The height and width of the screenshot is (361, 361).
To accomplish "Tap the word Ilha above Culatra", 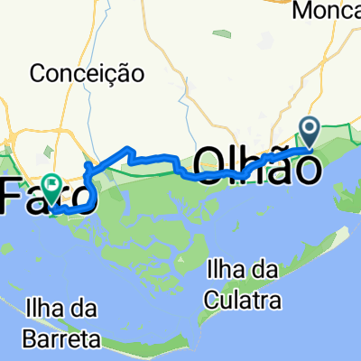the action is click(x=224, y=268).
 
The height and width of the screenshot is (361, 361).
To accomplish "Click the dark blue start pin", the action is click(x=311, y=131).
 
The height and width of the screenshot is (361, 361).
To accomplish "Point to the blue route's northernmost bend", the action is click(x=132, y=148).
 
